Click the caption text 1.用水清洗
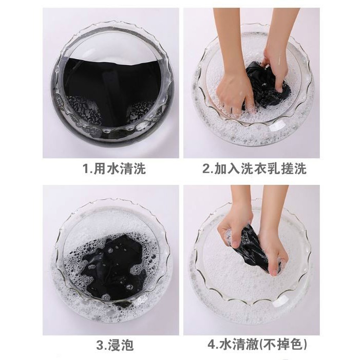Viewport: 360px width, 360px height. click(115, 169)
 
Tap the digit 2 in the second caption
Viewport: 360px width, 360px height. click(206, 169)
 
